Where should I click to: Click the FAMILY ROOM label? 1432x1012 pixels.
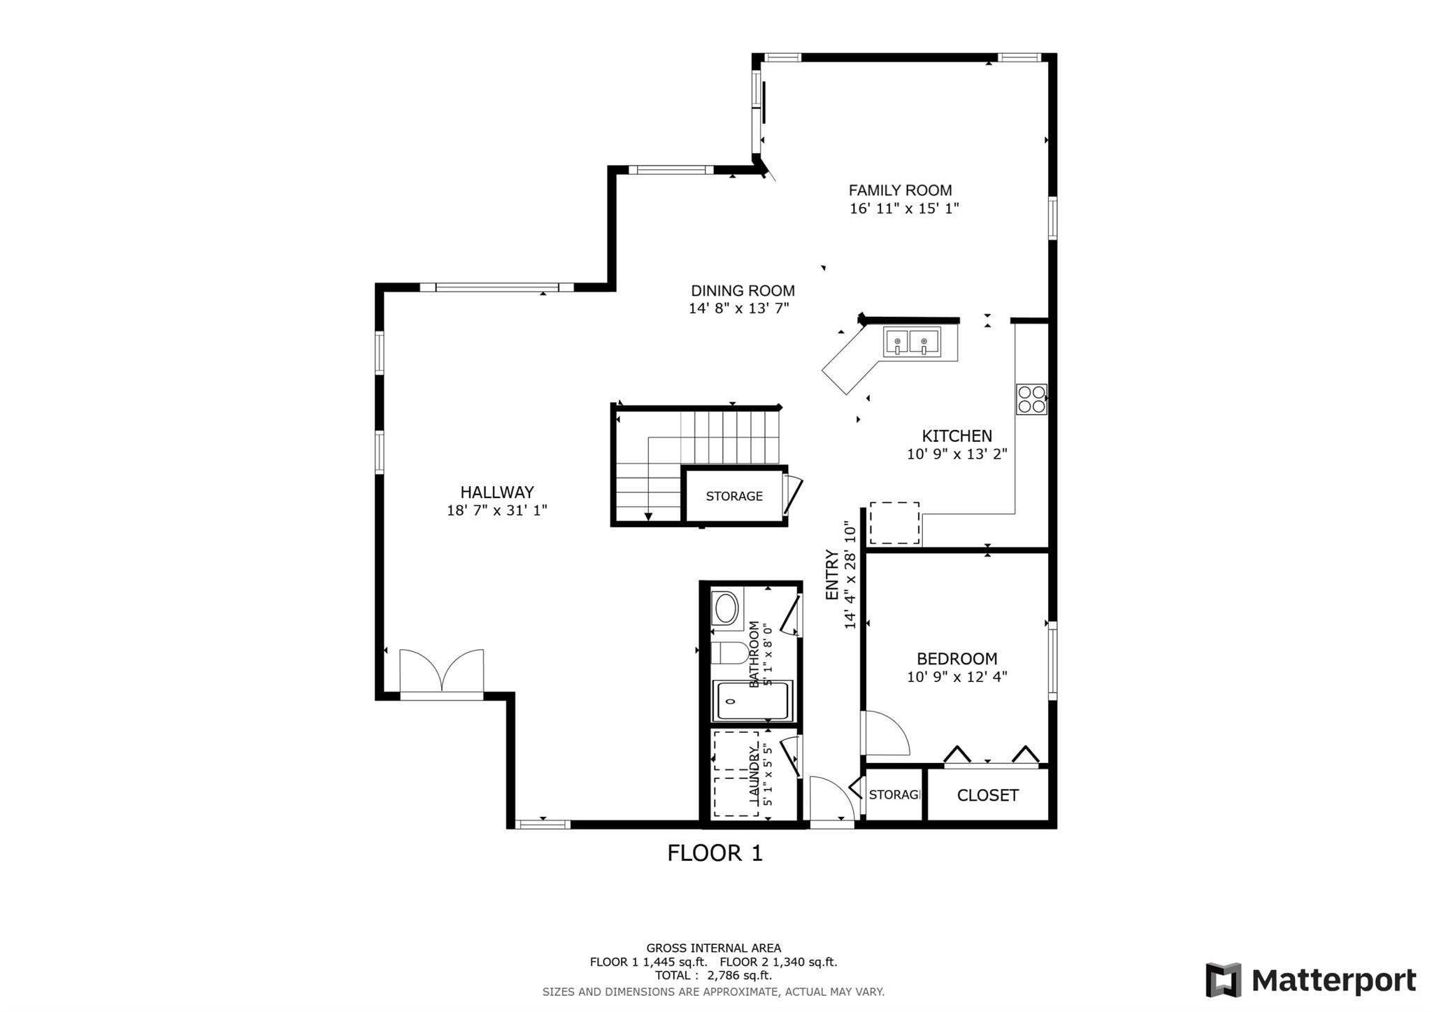(900, 190)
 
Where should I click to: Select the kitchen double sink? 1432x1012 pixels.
(911, 343)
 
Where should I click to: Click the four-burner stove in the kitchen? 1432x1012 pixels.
(1031, 399)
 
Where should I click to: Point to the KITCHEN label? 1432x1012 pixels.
(957, 436)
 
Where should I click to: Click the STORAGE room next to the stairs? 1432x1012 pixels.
(733, 496)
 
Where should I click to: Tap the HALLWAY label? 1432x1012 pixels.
(496, 492)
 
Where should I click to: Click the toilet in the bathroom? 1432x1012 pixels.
(729, 653)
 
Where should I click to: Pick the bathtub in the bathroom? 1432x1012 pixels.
(752, 701)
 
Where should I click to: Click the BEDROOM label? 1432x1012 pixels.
(957, 659)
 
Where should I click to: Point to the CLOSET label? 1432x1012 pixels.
(987, 795)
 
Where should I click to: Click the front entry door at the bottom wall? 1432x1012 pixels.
(831, 801)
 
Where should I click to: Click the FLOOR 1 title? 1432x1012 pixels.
(715, 853)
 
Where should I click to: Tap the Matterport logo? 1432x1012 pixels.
(1310, 980)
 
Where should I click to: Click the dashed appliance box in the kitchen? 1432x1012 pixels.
(894, 523)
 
